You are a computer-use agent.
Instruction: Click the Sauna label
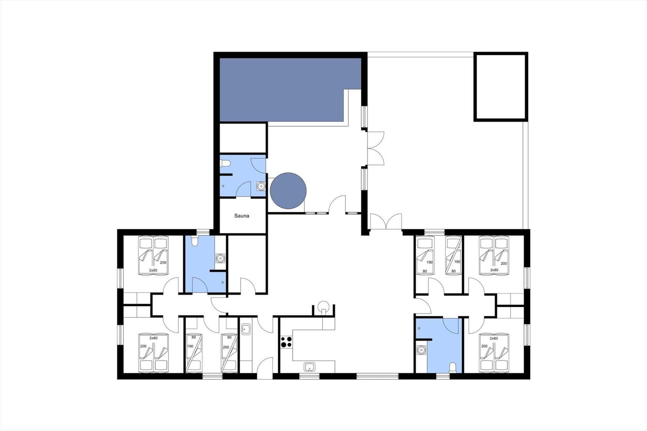241,216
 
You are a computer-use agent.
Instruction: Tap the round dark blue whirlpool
288,191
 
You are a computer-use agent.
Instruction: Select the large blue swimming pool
290,89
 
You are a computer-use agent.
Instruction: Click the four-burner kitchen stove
286,342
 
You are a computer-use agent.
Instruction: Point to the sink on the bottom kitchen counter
309,367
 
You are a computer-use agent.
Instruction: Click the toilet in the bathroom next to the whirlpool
225,164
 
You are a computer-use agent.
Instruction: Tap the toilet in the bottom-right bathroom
453,368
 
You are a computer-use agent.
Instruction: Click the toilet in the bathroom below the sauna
195,241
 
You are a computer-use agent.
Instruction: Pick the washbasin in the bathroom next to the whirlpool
261,186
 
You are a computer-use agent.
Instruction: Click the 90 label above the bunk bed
229,338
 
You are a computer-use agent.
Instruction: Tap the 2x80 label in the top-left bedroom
153,270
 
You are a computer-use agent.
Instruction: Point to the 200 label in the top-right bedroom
504,264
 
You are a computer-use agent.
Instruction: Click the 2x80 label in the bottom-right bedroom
494,338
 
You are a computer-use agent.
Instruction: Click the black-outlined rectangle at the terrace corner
501,87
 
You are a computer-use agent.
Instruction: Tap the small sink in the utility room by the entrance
246,330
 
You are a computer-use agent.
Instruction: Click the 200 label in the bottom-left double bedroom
143,346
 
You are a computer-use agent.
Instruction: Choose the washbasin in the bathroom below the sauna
220,258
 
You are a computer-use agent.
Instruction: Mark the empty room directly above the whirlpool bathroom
243,138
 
